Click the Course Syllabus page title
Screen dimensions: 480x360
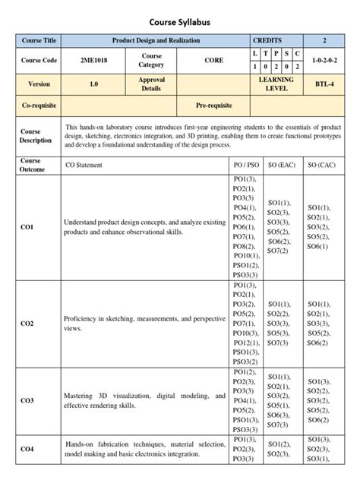click(x=180, y=24)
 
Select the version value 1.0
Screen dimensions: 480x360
click(x=93, y=84)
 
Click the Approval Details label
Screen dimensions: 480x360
click(x=151, y=84)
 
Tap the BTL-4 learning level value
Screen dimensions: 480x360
click(x=325, y=84)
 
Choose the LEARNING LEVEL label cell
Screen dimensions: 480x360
click(x=276, y=84)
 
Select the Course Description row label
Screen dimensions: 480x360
click(x=36, y=136)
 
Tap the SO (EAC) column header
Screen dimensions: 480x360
click(x=281, y=165)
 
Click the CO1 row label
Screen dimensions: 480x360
click(x=27, y=226)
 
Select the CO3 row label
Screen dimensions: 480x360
click(x=27, y=400)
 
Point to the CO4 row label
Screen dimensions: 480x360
click(x=27, y=449)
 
